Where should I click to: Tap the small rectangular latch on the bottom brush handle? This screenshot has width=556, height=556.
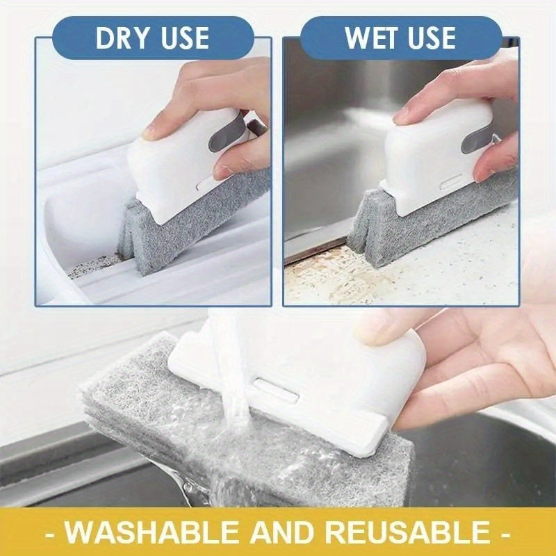click(x=276, y=389)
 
